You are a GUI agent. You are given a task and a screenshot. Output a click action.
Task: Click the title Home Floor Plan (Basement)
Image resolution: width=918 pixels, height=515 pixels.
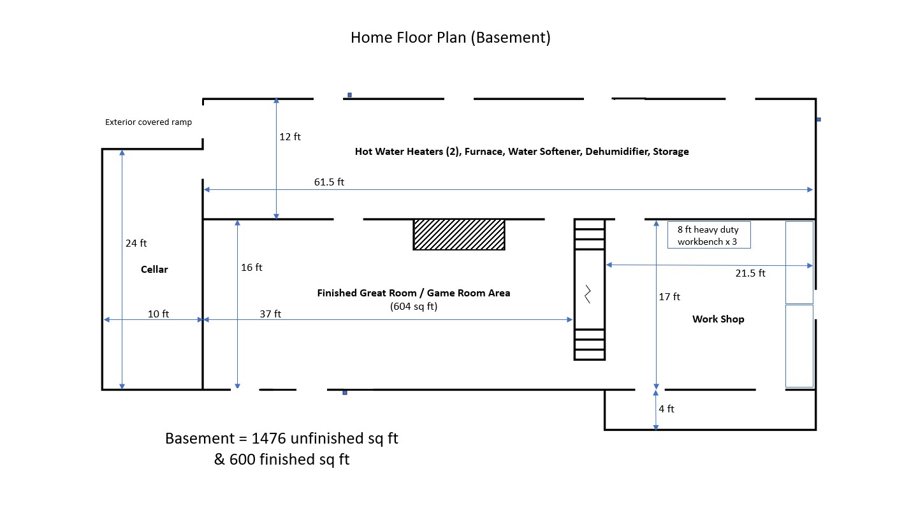[450, 38]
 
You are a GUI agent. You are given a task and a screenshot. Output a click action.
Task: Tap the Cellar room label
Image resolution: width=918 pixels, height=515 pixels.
[154, 270]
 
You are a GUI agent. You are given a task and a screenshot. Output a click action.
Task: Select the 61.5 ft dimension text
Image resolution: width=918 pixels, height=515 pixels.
[329, 182]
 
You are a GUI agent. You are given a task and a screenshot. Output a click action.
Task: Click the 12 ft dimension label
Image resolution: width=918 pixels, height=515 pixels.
[290, 136]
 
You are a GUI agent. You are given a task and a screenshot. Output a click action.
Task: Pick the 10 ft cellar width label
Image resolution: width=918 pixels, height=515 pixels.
[159, 314]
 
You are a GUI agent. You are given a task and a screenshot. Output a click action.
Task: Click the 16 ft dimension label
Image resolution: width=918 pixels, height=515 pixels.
[252, 267]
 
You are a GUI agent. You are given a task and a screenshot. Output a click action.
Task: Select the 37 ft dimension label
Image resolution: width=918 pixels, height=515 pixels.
[270, 314]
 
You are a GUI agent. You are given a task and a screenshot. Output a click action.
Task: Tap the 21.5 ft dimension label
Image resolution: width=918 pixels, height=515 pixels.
[750, 273]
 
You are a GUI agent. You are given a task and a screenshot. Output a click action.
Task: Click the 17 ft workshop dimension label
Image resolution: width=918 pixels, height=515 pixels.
[669, 296]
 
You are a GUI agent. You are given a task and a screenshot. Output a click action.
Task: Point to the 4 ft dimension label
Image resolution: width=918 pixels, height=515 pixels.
[666, 409]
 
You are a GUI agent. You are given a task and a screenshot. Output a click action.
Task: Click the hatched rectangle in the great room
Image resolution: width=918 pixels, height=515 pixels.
[459, 234]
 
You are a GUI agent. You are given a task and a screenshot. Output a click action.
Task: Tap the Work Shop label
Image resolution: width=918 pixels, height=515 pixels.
[718, 319]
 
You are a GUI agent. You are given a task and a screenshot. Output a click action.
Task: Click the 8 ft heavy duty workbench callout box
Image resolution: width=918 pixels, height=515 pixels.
[709, 235]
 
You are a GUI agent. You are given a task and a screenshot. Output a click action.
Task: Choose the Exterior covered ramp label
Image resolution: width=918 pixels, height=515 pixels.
[149, 122]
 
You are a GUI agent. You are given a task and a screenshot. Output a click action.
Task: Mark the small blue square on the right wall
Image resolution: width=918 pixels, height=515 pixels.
[818, 119]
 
